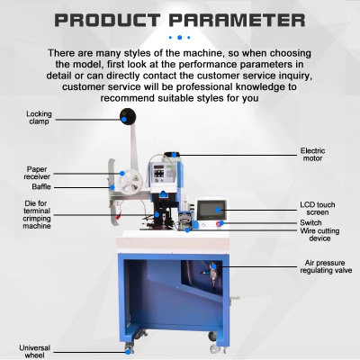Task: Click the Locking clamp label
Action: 39,118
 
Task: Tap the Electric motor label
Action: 312,155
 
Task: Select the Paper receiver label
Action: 37,173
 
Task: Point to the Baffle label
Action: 41,187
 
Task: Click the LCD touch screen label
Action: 318,209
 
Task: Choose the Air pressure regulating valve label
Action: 326,266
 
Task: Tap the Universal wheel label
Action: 35,352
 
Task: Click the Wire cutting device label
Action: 319,235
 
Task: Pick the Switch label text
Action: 310,223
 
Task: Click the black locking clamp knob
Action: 128,116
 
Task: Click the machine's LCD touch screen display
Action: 211,210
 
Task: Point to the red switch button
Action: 220,224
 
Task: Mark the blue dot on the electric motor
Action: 174,155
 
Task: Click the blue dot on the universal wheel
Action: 128,352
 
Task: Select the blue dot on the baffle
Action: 112,187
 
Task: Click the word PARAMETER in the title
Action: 237,21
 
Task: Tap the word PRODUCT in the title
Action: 107,21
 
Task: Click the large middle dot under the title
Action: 180,38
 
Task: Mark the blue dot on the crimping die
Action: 157,215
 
